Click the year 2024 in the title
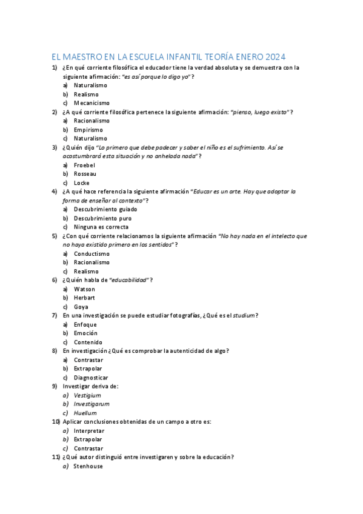(x=273, y=56)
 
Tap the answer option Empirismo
(x=88, y=130)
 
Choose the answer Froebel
(x=84, y=165)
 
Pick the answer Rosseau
(x=85, y=174)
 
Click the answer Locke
(x=82, y=182)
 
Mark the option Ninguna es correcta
(x=101, y=227)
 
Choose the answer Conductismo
(x=92, y=253)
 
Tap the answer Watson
(x=84, y=289)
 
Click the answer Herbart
(x=84, y=298)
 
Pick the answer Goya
(x=81, y=307)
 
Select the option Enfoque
(x=85, y=324)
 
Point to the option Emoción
(x=85, y=333)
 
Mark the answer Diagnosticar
(x=91, y=378)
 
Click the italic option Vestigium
(x=87, y=395)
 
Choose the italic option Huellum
(x=85, y=413)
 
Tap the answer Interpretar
(x=89, y=430)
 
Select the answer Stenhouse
(x=88, y=466)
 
